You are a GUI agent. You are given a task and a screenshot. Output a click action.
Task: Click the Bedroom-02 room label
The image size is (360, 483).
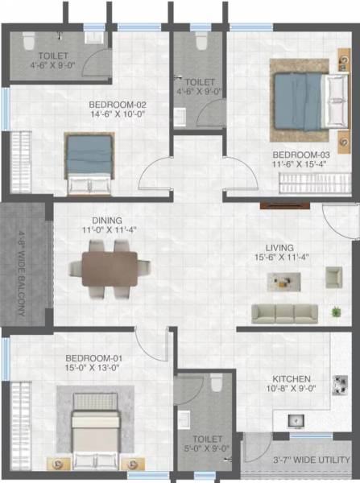click(x=117, y=104)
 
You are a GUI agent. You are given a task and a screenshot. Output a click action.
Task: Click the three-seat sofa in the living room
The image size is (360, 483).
click(x=283, y=313)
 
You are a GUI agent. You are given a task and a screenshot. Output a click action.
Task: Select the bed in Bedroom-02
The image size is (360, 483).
click(x=89, y=163)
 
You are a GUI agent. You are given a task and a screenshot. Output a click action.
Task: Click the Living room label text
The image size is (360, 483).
click(x=279, y=248)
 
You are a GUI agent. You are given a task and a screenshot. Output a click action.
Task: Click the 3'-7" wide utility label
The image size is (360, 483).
click(x=303, y=464)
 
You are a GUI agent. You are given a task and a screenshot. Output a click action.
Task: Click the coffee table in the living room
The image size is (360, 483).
click(x=284, y=280)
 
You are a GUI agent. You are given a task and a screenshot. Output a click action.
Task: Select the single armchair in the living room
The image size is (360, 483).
click(x=333, y=278)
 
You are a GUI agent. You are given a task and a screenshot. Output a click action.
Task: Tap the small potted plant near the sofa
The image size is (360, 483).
click(x=335, y=310)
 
